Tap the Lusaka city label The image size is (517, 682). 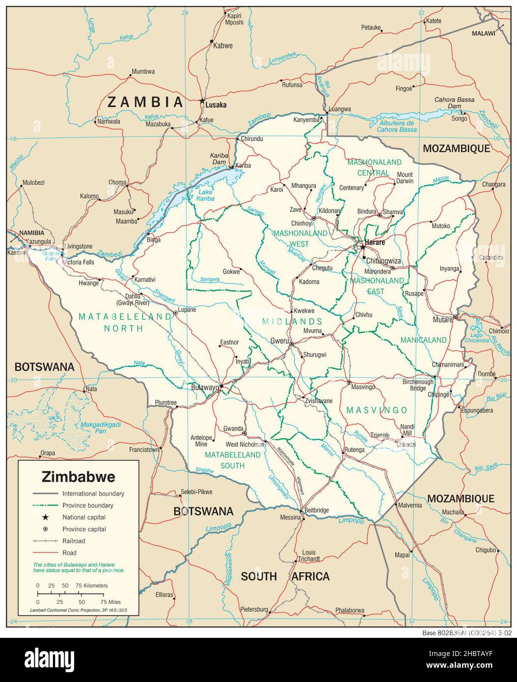tap(216, 105)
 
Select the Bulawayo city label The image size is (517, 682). tap(204, 388)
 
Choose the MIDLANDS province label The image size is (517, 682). tap(299, 322)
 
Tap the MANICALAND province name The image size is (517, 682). tap(423, 340)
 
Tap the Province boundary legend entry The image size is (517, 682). tap(87, 505)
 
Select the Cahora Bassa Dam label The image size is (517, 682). tap(454, 103)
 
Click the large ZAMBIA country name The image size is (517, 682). tap(145, 102)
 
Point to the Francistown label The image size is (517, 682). tap(143, 449)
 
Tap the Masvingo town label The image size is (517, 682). tap(363, 387)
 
